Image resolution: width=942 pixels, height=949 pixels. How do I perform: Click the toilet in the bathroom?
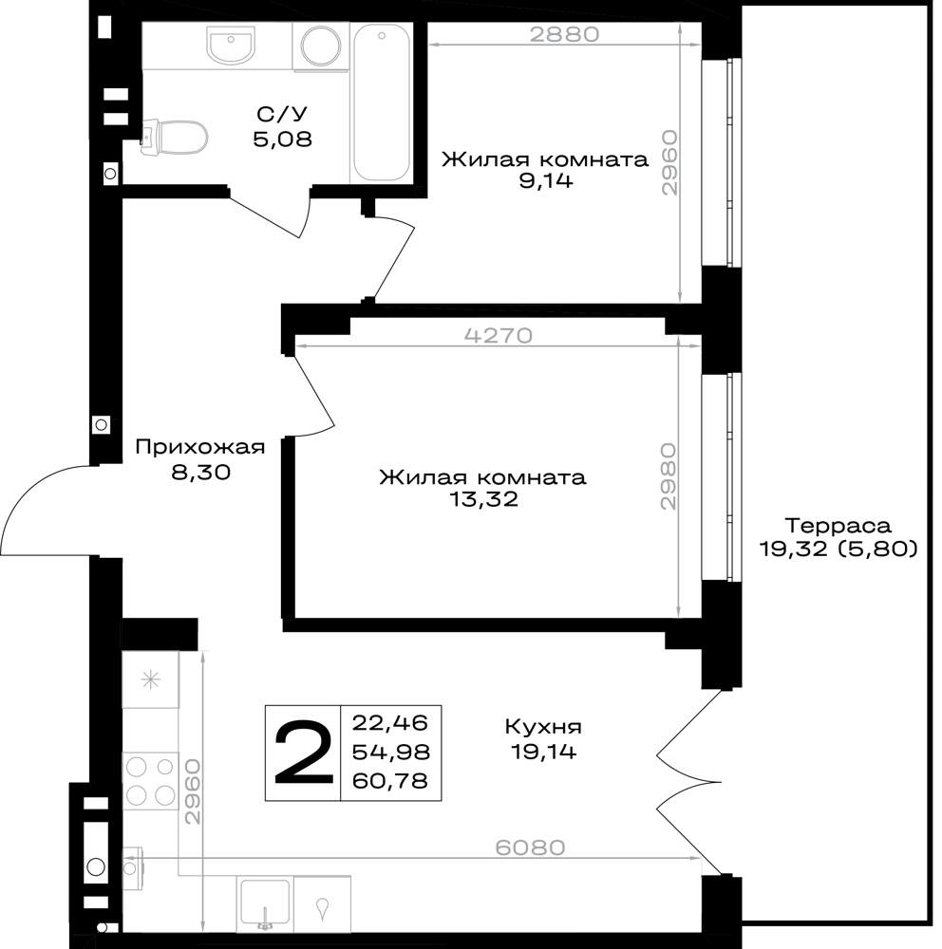(x=175, y=138)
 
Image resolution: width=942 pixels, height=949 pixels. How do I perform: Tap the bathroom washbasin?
(x=230, y=43)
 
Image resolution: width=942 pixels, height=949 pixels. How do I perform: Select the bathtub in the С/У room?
(x=382, y=102)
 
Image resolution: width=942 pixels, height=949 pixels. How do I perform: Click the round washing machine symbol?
(x=321, y=46)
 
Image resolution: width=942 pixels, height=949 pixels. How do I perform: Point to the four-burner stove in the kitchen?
(x=151, y=781)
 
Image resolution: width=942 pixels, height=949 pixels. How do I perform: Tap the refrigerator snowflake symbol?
(x=150, y=680)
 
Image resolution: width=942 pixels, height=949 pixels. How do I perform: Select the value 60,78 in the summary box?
(x=390, y=781)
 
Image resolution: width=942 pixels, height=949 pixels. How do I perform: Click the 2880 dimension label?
(x=565, y=34)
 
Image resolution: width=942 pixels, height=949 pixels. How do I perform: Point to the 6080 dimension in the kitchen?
(x=530, y=847)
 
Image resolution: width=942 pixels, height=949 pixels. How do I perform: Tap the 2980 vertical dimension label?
(x=669, y=475)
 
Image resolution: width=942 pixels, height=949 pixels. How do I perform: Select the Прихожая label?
(x=200, y=447)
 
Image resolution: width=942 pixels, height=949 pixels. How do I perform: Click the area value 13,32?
(x=483, y=499)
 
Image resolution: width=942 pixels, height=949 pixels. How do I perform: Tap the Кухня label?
(x=543, y=726)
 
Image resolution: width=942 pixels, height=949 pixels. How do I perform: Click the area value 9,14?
(x=546, y=180)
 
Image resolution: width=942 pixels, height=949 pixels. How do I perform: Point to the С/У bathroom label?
(x=282, y=114)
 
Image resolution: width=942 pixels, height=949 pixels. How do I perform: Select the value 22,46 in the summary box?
(x=390, y=722)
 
